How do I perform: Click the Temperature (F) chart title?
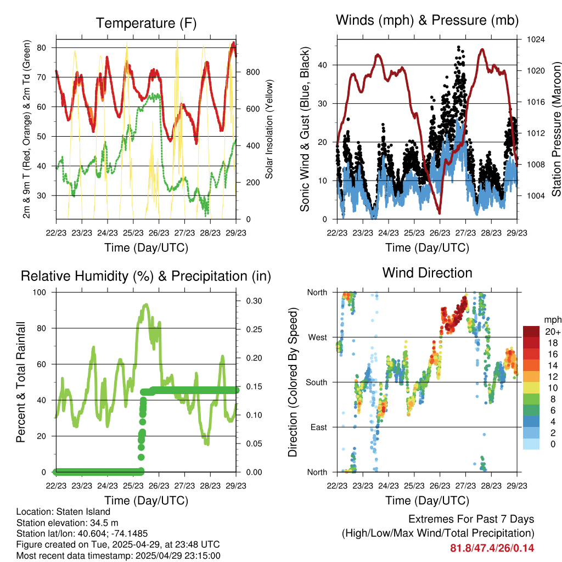coord(146,24)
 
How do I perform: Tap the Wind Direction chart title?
coord(427,273)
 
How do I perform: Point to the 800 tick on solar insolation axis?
coord(252,72)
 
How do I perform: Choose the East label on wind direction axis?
coord(319,427)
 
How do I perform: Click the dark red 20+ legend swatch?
coord(532,331)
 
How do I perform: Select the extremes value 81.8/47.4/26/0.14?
coord(492,548)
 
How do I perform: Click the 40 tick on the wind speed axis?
coord(323,65)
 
